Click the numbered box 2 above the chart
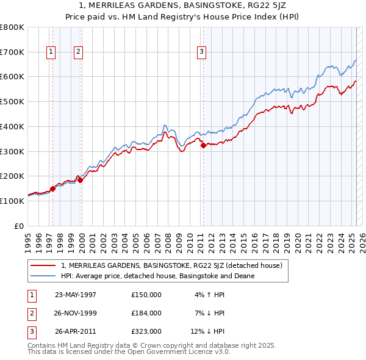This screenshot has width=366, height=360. point(79,52)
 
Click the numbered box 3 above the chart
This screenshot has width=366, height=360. point(201,52)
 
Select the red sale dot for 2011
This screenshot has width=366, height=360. point(203,145)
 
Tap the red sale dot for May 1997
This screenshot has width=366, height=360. point(52,189)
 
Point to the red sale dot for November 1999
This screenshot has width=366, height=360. point(80,180)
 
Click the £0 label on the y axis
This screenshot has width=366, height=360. point(20,226)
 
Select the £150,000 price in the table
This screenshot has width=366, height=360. point(146,295)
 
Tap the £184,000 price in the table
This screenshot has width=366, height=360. point(146,314)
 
